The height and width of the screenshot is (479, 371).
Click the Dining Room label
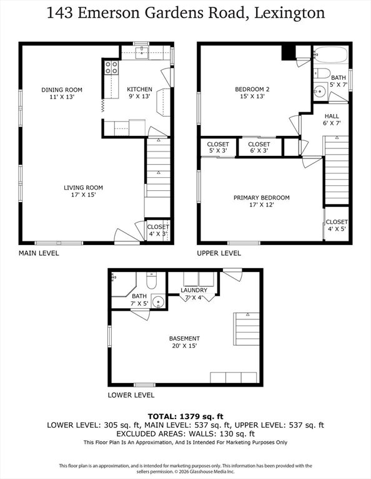click(x=62, y=94)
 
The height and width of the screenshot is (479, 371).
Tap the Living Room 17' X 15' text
click(x=83, y=191)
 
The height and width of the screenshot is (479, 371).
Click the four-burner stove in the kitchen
click(x=111, y=67)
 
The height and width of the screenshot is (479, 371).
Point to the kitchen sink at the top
click(x=142, y=52)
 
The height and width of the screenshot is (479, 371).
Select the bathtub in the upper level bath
click(x=331, y=54)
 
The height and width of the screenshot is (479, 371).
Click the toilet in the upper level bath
click(x=322, y=74)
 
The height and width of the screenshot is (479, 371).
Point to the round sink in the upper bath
click(x=320, y=91)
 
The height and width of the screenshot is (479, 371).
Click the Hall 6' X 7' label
click(x=332, y=120)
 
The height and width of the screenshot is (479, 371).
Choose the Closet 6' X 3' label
click(x=259, y=147)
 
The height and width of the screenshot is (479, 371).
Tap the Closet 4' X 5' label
click(x=337, y=225)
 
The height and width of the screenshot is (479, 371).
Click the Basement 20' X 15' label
click(x=184, y=342)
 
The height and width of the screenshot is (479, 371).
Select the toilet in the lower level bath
click(x=151, y=280)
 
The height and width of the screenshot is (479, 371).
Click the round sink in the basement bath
click(x=158, y=301)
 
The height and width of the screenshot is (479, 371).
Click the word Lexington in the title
click(x=290, y=14)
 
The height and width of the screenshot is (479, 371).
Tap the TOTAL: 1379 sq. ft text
click(x=185, y=417)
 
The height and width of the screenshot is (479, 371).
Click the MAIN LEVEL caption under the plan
click(x=39, y=253)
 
